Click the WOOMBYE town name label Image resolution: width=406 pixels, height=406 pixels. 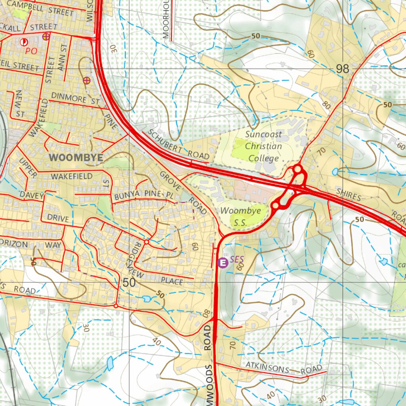[76, 157]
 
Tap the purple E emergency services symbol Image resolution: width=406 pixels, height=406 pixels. [223, 262]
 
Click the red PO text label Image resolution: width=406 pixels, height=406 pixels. [31, 51]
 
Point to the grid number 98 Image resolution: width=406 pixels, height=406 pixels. [343, 69]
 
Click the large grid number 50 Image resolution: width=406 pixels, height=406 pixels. [129, 283]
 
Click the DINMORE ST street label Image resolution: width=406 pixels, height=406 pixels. [75, 98]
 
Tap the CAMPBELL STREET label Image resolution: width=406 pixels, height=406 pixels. [40, 8]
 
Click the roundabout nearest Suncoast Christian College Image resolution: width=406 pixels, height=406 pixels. [297, 170]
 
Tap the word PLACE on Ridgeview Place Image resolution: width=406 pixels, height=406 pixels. [172, 281]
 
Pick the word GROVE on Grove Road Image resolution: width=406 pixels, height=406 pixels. [171, 182]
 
